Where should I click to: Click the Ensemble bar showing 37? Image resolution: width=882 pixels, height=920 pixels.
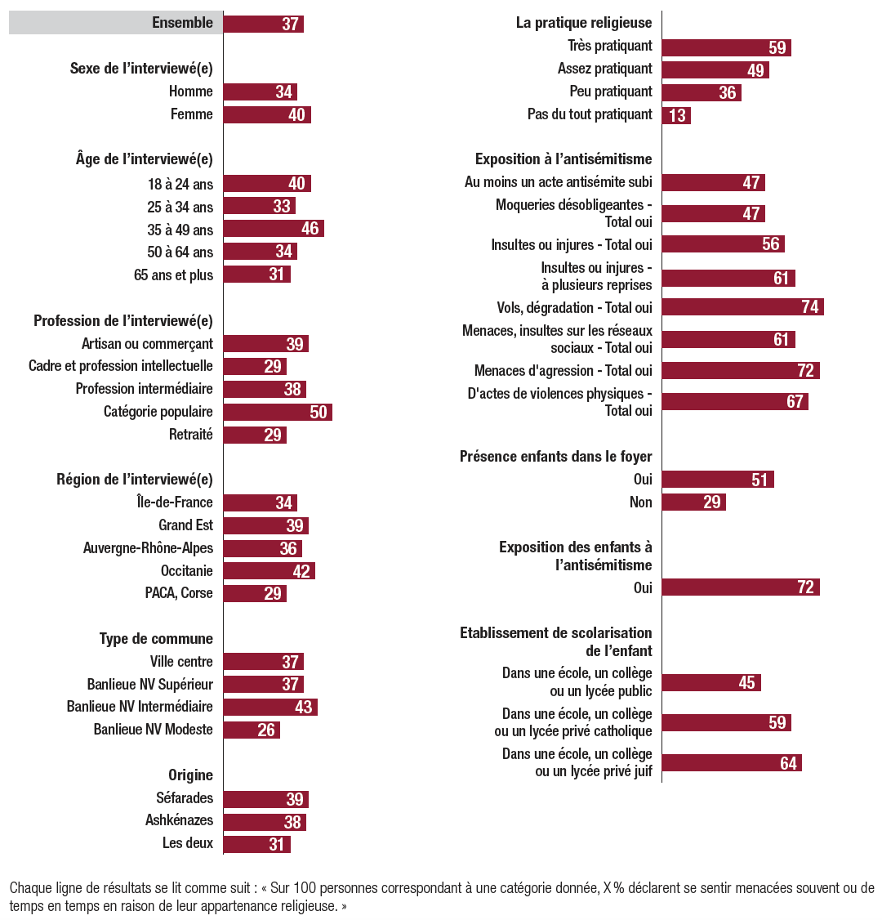[263, 24]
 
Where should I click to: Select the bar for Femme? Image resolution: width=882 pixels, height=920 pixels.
[267, 115]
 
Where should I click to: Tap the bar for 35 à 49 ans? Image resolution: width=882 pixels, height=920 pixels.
[274, 229]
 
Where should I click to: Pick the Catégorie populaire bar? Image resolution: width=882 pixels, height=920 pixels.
[278, 412]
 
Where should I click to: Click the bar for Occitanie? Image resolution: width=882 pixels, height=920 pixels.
[269, 571]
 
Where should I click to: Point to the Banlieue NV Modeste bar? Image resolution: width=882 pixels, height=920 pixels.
[252, 730]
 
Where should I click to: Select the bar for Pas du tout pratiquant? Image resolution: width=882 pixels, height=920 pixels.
[676, 115]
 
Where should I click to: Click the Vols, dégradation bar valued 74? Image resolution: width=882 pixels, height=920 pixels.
[742, 307]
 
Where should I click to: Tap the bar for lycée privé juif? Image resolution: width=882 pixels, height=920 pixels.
[732, 763]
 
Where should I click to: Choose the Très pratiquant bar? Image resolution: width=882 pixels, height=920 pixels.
[726, 47]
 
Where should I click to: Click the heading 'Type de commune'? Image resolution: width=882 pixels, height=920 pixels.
[156, 639]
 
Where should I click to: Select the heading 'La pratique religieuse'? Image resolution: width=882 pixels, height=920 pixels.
[584, 23]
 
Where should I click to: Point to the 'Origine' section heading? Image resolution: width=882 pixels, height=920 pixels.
[190, 775]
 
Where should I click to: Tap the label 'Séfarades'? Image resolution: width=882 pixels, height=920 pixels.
[185, 798]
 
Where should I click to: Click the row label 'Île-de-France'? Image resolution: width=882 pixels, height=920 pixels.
[175, 502]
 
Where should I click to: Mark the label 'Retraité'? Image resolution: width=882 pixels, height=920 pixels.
[190, 435]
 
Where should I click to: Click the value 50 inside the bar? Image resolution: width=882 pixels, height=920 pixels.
[318, 413]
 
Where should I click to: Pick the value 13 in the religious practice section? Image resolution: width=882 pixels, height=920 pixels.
[677, 115]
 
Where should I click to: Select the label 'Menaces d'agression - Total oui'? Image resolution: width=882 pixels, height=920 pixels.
[563, 371]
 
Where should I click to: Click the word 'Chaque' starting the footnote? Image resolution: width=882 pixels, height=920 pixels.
[29, 888]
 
